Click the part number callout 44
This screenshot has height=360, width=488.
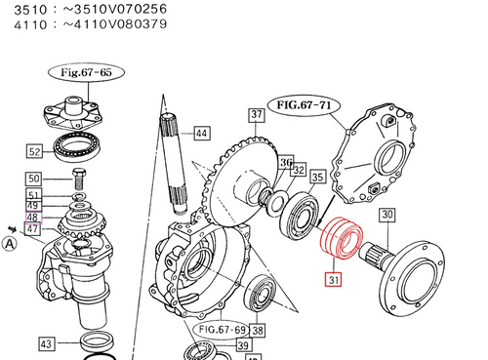pyautogui.click(x=201, y=133)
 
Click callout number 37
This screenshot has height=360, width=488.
pyautogui.click(x=257, y=115)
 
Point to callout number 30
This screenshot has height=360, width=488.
pyautogui.click(x=387, y=215)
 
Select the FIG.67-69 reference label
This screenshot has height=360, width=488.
pyautogui.click(x=220, y=330)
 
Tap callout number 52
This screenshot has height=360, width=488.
pyautogui.click(x=34, y=151)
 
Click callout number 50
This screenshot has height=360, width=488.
pyautogui.click(x=34, y=179)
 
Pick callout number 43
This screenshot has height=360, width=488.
pyautogui.click(x=47, y=343)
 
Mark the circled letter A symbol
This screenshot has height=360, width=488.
pyautogui.click(x=10, y=246)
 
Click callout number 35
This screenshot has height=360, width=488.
pyautogui.click(x=317, y=178)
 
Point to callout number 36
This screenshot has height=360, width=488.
pyautogui.click(x=285, y=162)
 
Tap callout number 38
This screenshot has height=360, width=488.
pyautogui.click(x=258, y=331)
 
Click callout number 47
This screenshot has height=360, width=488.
pyautogui.click(x=34, y=228)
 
